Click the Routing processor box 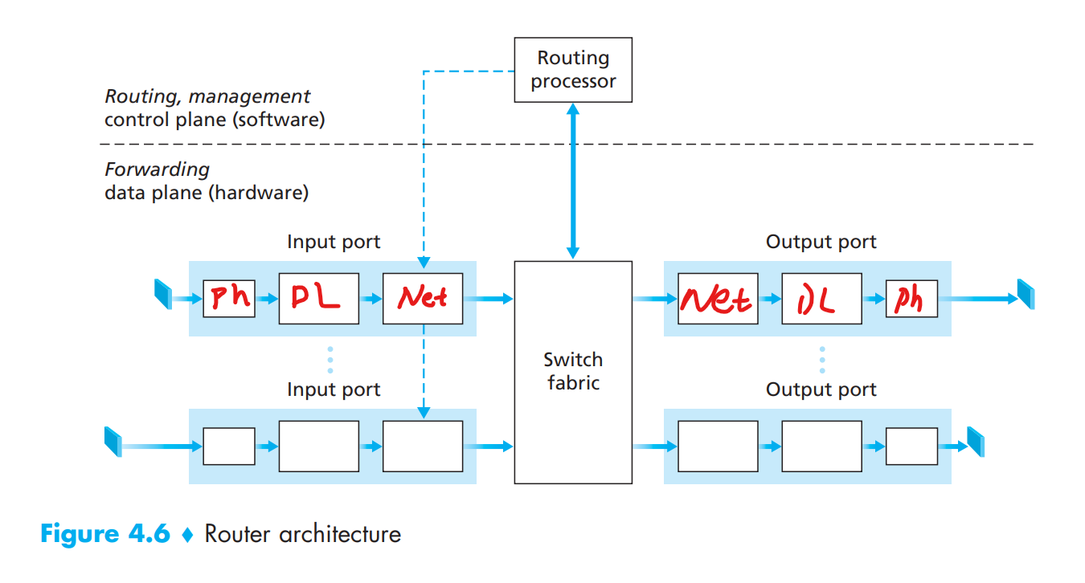pos(573,69)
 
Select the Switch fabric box pos(573,371)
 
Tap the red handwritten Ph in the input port pos(229,299)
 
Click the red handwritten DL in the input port pos(318,299)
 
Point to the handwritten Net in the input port pos(423,299)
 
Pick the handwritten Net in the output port pos(717,299)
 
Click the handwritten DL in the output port pos(821,299)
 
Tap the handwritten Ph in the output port pos(911,299)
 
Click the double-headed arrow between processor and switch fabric pos(573,181)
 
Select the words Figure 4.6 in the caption pos(105,534)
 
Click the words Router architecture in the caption pos(302,534)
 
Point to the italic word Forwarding pos(157,169)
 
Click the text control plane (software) pos(215,120)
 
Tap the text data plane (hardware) pos(207,193)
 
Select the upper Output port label pos(821,242)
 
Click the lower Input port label pos(334,389)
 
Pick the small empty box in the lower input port pos(229,446)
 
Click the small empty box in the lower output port pos(911,446)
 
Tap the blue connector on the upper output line pos(1026,295)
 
